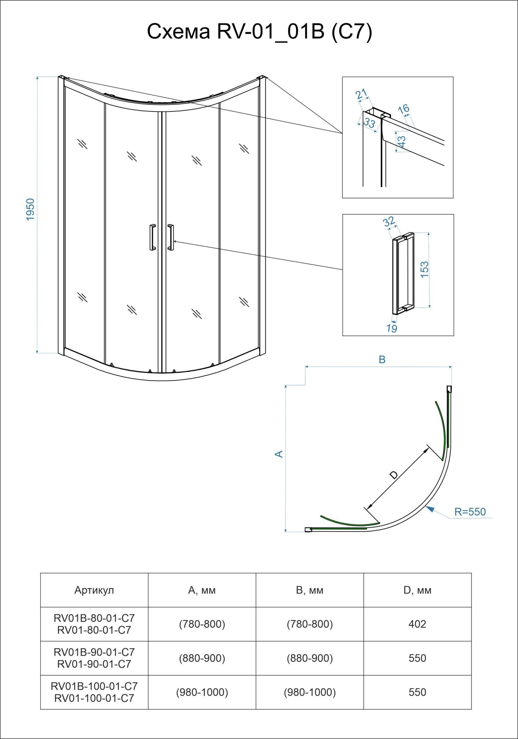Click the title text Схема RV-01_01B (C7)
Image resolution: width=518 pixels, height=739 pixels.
click(x=259, y=31)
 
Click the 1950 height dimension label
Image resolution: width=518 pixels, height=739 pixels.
click(x=30, y=209)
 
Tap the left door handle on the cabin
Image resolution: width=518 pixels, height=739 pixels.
click(x=152, y=237)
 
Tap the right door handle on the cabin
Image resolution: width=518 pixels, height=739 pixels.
click(x=171, y=237)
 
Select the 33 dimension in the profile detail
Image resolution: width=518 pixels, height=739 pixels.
click(x=370, y=123)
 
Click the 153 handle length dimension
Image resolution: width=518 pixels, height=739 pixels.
click(x=425, y=270)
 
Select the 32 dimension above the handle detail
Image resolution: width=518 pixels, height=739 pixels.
click(x=389, y=222)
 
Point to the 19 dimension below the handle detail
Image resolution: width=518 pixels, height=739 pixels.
click(x=392, y=328)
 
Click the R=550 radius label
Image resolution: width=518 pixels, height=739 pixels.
click(x=470, y=512)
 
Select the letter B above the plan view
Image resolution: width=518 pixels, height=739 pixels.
click(x=382, y=359)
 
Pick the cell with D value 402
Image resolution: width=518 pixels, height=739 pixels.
click(x=417, y=624)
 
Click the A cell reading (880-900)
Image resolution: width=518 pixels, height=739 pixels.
click(x=202, y=658)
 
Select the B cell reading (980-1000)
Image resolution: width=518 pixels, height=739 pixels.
click(x=310, y=692)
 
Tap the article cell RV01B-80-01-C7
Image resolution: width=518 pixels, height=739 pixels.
click(x=94, y=618)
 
